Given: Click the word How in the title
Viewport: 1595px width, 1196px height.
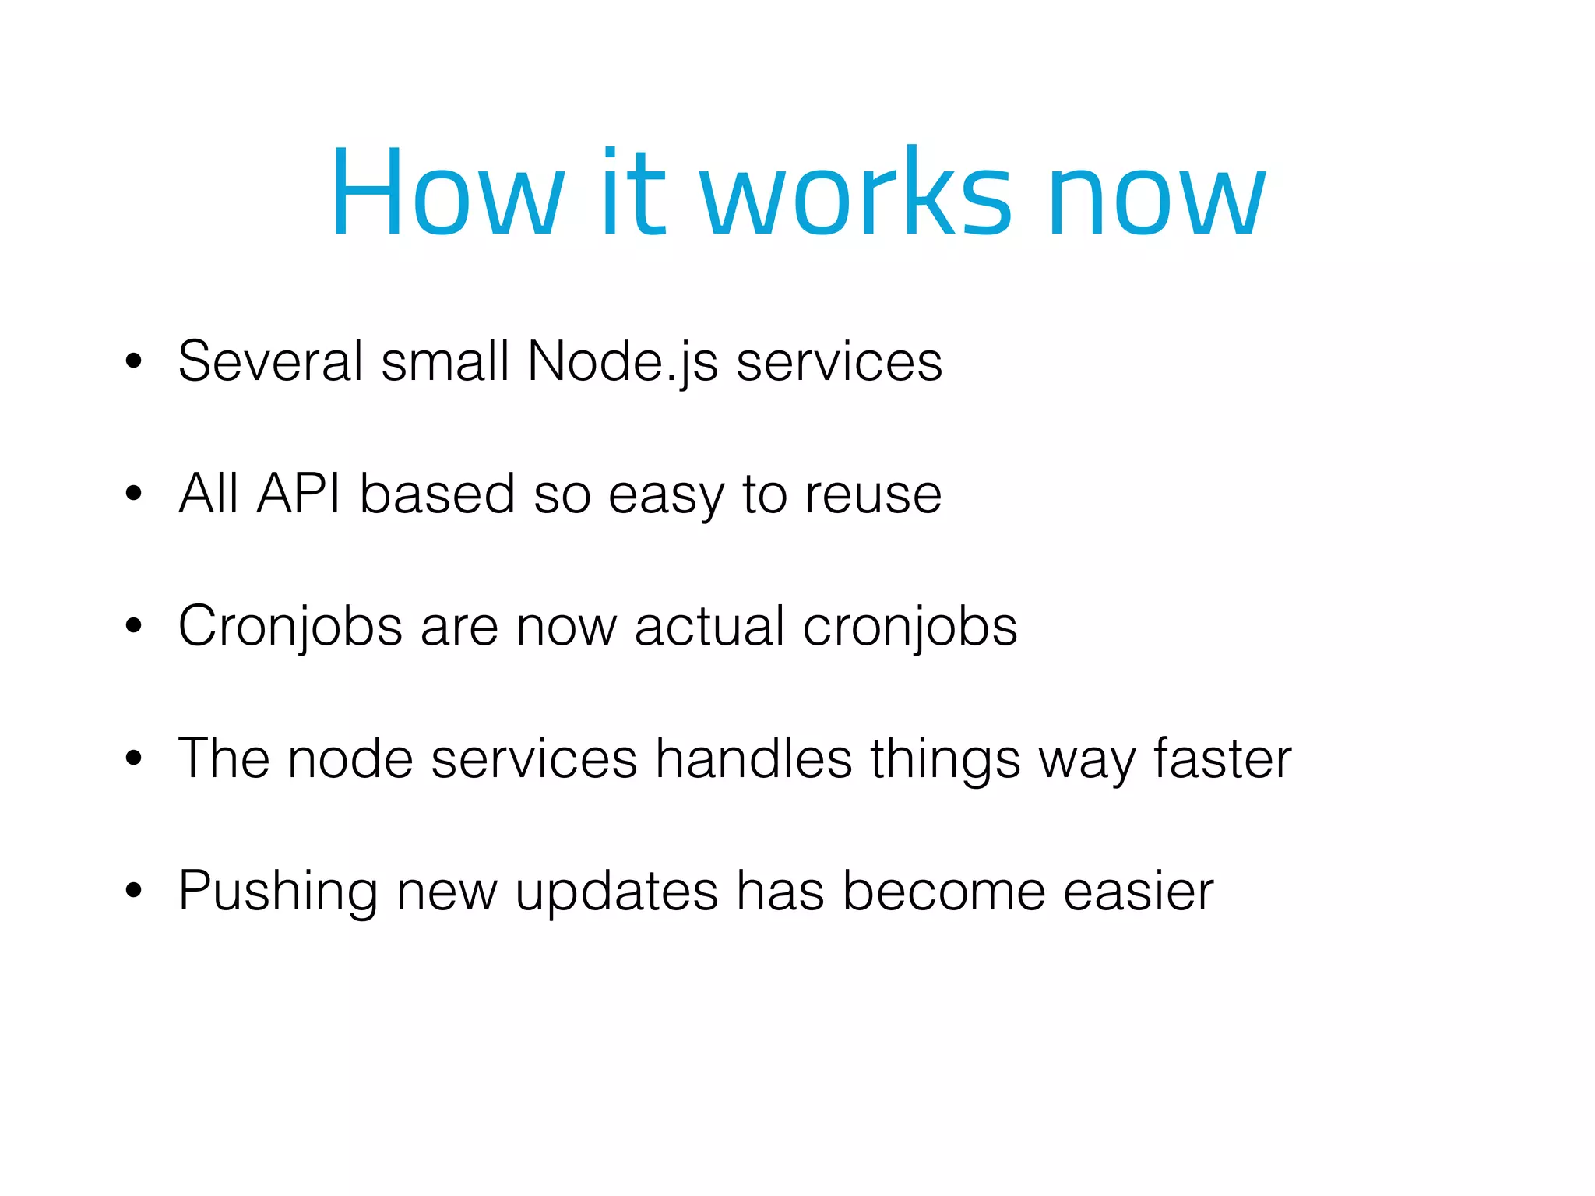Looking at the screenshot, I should (448, 192).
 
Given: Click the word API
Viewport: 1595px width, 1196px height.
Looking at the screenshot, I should (298, 494).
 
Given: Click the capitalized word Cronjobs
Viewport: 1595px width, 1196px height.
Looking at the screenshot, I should (290, 628).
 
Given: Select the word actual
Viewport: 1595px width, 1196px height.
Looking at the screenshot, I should (709, 627).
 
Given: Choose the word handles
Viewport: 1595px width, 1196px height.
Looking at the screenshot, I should (753, 758).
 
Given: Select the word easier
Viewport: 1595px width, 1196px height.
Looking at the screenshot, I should (1139, 892).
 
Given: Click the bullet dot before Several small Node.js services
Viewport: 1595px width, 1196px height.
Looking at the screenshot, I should (134, 361).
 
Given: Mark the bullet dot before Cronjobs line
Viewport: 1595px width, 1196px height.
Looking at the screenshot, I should (134, 626).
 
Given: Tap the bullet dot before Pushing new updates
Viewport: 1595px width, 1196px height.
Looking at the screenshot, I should (134, 891).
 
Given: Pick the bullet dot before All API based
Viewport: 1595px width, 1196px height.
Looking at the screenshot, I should (134, 494).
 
